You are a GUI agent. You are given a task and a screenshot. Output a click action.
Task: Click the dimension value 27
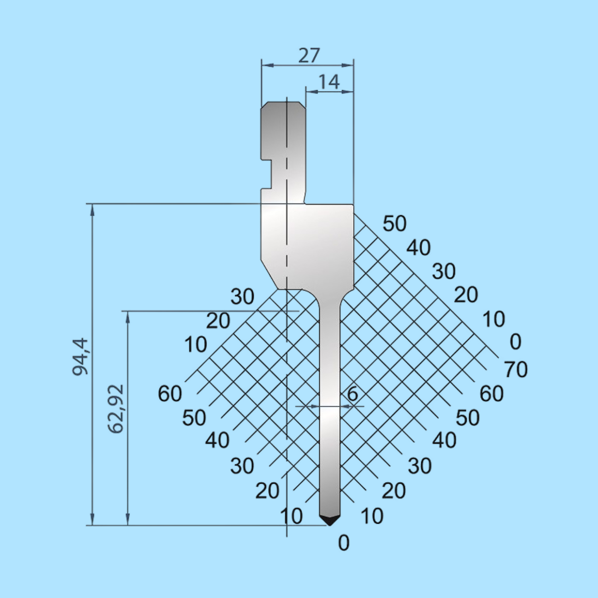coord(309,56)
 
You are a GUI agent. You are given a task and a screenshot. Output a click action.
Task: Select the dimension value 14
coord(329,82)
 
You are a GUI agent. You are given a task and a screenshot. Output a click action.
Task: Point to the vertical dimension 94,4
coord(81,357)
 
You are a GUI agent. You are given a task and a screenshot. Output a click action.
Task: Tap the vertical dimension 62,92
coord(116,409)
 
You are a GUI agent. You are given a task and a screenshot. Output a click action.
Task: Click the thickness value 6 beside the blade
coord(352,394)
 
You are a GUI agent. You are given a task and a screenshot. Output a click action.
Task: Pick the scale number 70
coord(516,369)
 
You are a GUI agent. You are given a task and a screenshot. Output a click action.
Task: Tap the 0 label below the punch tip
coord(344,543)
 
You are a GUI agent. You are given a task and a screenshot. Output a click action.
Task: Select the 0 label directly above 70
coord(516,342)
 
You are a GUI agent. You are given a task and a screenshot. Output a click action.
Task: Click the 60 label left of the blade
coord(170,394)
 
